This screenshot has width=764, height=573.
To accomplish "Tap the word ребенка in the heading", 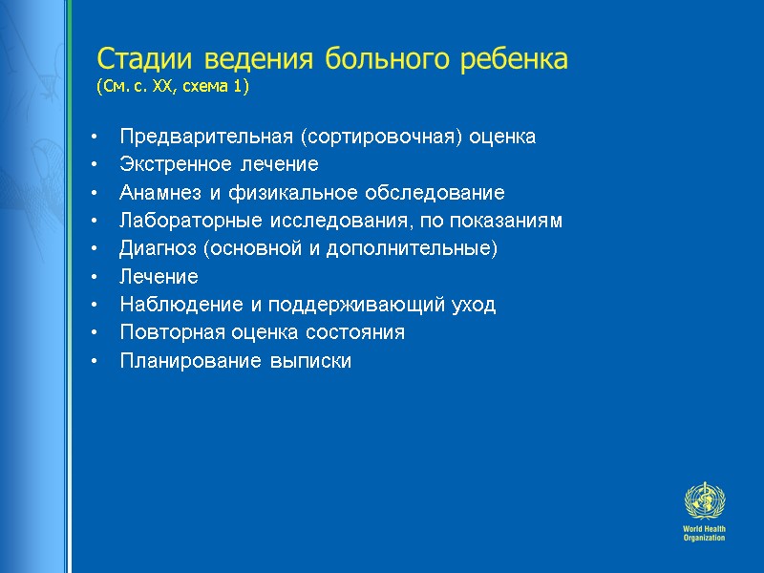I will (520, 59).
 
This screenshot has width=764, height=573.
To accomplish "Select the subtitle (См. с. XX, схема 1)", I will (172, 88).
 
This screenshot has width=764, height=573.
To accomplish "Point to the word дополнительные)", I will (430, 249).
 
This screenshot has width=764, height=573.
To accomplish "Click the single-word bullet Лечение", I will (159, 277).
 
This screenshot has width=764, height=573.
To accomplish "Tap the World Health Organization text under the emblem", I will (705, 533).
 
